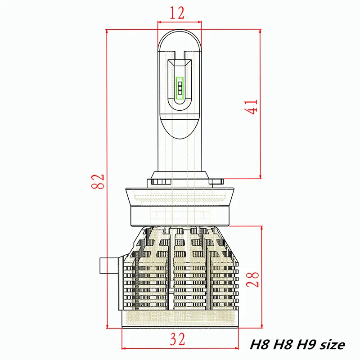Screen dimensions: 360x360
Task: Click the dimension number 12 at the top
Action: pos(177,13)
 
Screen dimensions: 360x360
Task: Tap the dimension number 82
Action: pos(98,181)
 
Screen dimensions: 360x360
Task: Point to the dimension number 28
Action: pos(252,279)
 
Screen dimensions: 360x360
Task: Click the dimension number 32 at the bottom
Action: pos(177,339)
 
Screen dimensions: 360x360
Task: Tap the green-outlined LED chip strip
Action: pos(180,88)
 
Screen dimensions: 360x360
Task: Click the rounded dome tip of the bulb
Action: pos(180,37)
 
